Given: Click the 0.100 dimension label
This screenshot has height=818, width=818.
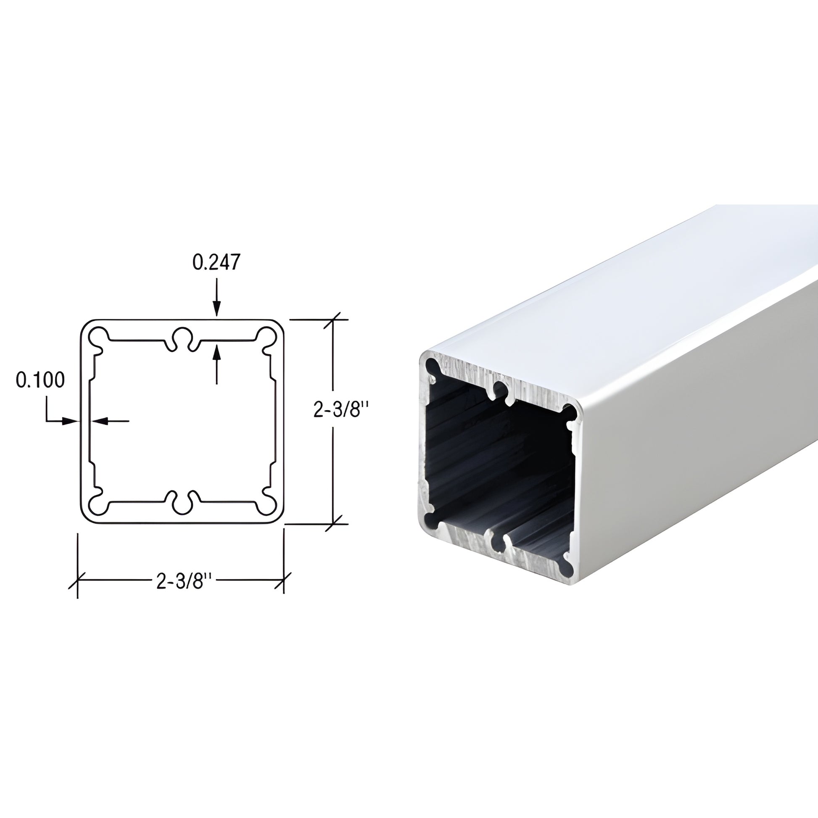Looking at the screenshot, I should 40,380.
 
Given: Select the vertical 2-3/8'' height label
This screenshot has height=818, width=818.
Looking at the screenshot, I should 341,409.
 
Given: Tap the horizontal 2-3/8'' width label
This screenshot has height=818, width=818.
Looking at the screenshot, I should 184,581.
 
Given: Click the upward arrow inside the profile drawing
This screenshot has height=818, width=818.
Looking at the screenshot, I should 217,354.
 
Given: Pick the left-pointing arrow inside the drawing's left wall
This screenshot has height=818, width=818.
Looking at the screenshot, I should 99,420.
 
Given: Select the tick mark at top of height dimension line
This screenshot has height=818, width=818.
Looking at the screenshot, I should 334,319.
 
